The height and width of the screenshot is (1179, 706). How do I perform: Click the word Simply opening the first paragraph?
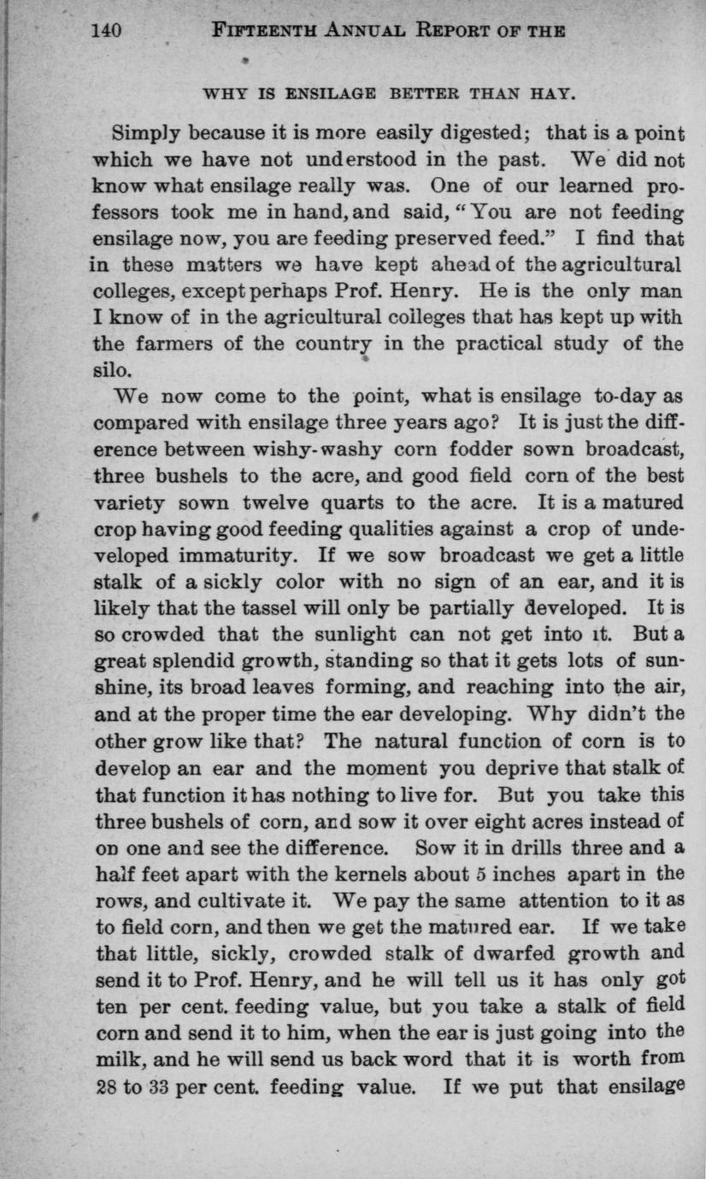(149, 135)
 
